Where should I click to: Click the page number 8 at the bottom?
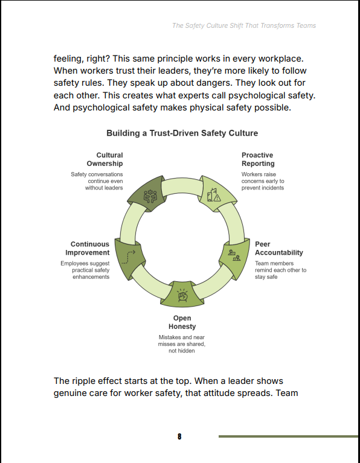click(179, 436)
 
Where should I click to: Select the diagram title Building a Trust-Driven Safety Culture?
click(182, 133)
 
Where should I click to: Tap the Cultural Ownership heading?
click(104, 159)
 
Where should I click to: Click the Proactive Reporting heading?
click(258, 159)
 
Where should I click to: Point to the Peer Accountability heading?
click(279, 248)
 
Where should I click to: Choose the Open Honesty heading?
click(182, 322)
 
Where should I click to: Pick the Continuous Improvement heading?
click(88, 248)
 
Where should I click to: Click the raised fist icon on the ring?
click(182, 295)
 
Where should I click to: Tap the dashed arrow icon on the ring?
click(129, 257)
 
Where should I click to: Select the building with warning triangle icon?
click(214, 195)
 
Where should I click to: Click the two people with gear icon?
click(150, 196)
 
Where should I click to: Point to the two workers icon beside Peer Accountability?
click(234, 255)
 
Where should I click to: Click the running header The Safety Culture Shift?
click(244, 26)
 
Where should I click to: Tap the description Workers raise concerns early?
click(263, 181)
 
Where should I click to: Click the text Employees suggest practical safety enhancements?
click(85, 270)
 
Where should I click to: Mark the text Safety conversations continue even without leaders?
click(97, 181)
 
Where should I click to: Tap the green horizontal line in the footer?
click(289, 436)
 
